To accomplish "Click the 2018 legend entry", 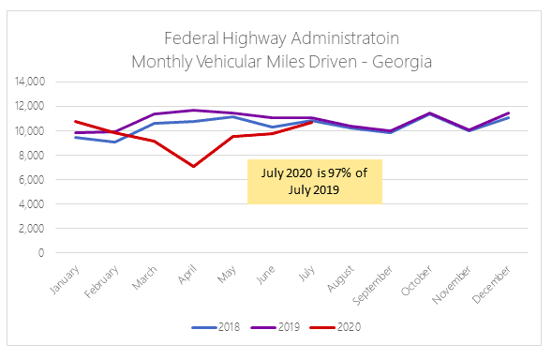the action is (x=216, y=327).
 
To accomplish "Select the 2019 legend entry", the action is (x=276, y=327).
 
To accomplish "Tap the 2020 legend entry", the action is (x=336, y=327).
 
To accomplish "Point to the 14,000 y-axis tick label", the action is (x=30, y=82).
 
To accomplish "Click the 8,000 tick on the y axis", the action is (x=31, y=155).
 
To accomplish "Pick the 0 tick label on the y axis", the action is (x=41, y=252).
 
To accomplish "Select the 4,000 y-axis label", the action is (x=31, y=203).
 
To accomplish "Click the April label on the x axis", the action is (x=186, y=275).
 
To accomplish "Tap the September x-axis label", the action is (x=372, y=285).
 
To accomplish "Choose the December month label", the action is (x=491, y=285).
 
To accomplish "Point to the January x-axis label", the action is (x=65, y=280).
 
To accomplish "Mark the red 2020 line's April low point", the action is (x=194, y=166).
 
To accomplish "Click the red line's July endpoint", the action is (x=312, y=122).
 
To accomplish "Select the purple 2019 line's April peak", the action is (x=194, y=111).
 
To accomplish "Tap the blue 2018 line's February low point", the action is (x=114, y=142).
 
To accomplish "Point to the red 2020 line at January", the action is (x=75, y=122).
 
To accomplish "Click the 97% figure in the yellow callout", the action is (x=340, y=172).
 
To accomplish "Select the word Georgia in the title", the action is (x=402, y=62).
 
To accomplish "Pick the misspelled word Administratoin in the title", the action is (x=345, y=38).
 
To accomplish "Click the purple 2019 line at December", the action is (x=508, y=113).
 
